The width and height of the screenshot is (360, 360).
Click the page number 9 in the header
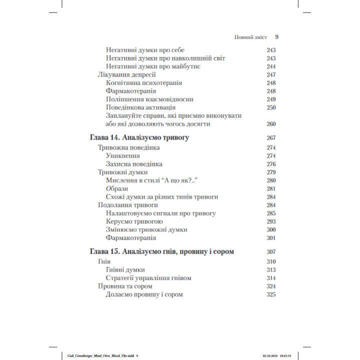click(276, 36)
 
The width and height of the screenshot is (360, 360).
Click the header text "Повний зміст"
click(251, 37)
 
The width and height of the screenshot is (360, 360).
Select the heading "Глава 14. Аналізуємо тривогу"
click(141, 137)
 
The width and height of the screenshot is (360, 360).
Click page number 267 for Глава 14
click(271, 137)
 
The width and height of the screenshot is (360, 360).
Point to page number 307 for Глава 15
click(271, 251)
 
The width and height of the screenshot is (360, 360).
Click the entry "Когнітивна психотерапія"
click(144, 83)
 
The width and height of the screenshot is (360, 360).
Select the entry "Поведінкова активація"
click(140, 107)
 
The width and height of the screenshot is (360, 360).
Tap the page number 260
click(271, 123)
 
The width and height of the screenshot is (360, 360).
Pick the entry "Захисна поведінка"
click(134, 164)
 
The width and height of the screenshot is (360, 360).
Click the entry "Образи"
click(117, 188)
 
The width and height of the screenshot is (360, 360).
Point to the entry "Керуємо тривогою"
click(134, 221)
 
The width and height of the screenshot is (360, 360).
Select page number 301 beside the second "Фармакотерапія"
click(271, 237)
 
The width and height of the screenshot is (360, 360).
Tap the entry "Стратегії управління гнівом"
click(149, 278)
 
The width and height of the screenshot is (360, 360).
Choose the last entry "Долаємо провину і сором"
click(144, 294)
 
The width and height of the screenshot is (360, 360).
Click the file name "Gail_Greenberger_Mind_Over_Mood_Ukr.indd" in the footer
click(98, 355)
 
